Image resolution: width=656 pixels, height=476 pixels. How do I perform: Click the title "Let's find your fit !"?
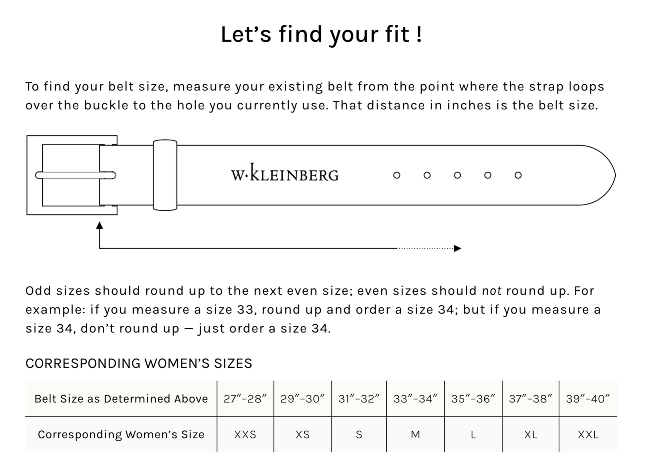pyautogui.click(x=321, y=35)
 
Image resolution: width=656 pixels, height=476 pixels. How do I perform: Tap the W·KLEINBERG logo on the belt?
pyautogui.click(x=285, y=173)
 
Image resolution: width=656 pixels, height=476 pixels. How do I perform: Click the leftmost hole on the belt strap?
pyautogui.click(x=397, y=175)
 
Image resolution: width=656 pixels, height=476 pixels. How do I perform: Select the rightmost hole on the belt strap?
pyautogui.click(x=518, y=175)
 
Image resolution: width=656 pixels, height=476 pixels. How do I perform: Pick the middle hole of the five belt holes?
pyautogui.click(x=457, y=175)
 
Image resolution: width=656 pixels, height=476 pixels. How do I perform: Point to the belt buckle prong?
pyautogui.click(x=76, y=175)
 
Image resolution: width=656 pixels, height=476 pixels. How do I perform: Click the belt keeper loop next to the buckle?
pyautogui.click(x=165, y=175)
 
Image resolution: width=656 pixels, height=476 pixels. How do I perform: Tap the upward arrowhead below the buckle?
pyautogui.click(x=99, y=225)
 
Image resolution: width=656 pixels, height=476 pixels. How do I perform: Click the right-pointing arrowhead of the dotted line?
pyautogui.click(x=458, y=248)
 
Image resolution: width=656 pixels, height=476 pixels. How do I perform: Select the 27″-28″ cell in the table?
pyautogui.click(x=245, y=399)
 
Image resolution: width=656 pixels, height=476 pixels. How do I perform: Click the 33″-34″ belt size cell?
pyautogui.click(x=415, y=399)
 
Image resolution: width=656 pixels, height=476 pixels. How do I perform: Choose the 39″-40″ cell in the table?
pyautogui.click(x=588, y=399)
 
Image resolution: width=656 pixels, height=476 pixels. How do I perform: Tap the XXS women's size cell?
pyautogui.click(x=245, y=435)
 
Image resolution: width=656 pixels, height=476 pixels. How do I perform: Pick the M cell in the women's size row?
pyautogui.click(x=415, y=435)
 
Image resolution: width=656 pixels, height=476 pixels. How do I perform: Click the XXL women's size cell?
pyautogui.click(x=588, y=435)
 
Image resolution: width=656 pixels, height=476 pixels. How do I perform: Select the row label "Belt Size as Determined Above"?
pyautogui.click(x=121, y=399)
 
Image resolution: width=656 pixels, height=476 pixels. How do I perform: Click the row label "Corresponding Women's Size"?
pyautogui.click(x=121, y=435)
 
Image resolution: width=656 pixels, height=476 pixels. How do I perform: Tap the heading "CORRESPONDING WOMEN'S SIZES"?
pyautogui.click(x=139, y=364)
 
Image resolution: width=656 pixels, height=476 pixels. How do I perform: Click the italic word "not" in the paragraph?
pyautogui.click(x=492, y=291)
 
